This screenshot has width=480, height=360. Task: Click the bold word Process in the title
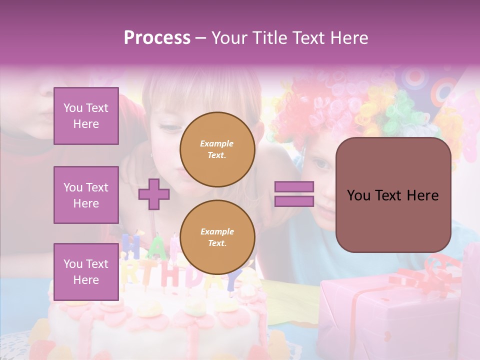(157, 37)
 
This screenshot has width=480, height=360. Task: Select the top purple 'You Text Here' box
(86, 116)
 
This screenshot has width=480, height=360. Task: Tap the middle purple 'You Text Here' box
(86, 195)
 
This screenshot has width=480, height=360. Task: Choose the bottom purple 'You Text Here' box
(86, 271)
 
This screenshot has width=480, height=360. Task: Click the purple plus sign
(154, 194)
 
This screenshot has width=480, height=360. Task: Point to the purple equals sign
(294, 194)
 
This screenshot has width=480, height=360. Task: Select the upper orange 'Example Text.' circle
(217, 149)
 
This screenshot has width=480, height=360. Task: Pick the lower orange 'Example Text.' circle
(217, 237)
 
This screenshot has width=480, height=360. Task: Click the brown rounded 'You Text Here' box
(393, 195)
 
